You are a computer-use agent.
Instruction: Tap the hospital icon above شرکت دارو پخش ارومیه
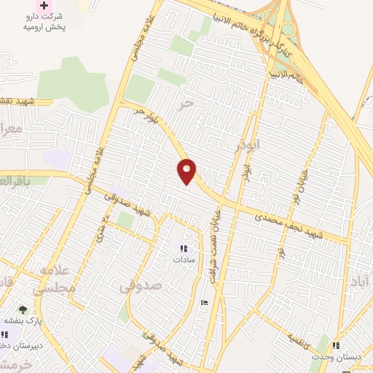[x=44, y=5]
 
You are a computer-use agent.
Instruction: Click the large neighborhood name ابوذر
[x=248, y=146]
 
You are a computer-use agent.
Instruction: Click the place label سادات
[x=182, y=259]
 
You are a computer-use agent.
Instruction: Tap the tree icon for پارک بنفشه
[x=23, y=310]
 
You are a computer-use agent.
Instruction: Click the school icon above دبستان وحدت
[x=336, y=345]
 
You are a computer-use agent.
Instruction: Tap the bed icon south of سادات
[x=204, y=302]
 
